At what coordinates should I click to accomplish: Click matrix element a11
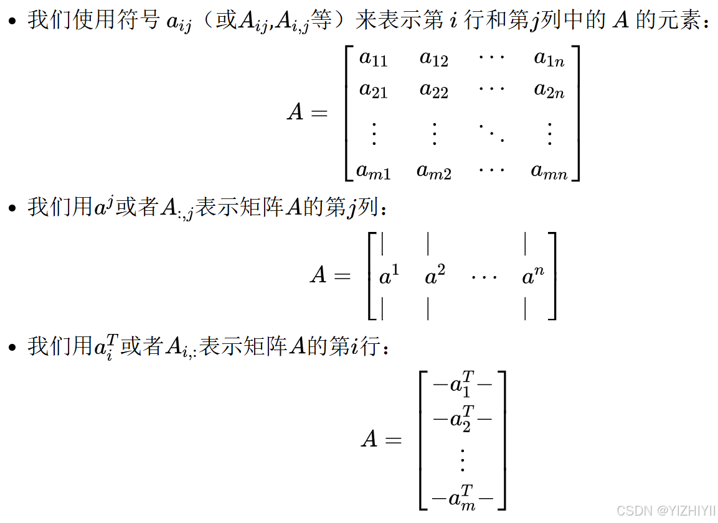point(374,59)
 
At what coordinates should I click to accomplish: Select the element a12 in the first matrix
point(433,59)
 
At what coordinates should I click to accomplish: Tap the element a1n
point(549,59)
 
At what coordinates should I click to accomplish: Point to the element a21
point(374,90)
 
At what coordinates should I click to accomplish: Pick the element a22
point(433,90)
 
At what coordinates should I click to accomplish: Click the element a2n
point(549,90)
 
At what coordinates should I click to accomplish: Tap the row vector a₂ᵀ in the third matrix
point(462,419)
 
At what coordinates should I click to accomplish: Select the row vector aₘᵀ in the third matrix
point(462,498)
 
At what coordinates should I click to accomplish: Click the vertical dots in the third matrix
point(462,459)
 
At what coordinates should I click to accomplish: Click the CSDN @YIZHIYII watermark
point(666,510)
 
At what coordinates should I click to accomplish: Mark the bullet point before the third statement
point(12,347)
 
